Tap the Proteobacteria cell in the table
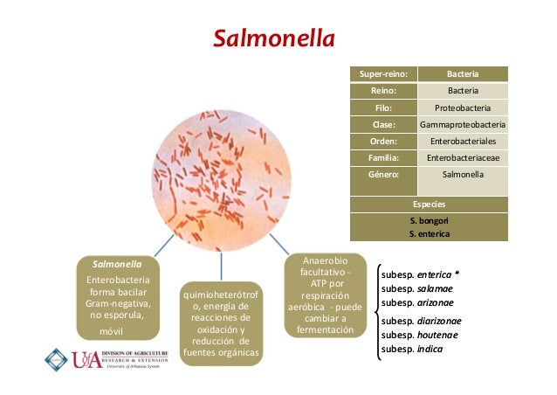click(463, 107)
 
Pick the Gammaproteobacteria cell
click(463, 124)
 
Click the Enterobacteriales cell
click(463, 141)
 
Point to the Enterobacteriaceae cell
click(463, 157)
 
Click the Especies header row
click(429, 205)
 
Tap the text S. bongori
click(429, 221)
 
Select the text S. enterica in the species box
click(429, 233)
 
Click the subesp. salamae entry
click(417, 288)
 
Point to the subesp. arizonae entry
click(418, 302)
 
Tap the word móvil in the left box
click(111, 332)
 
